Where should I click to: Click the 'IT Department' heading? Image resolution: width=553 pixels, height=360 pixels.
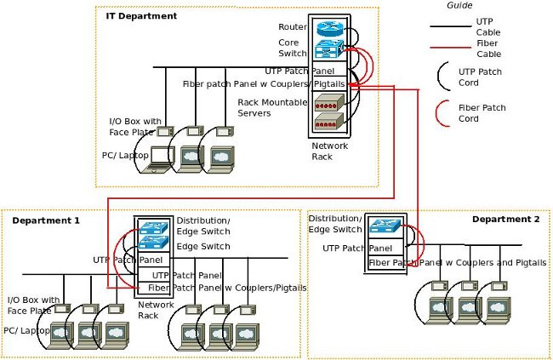click(141, 16)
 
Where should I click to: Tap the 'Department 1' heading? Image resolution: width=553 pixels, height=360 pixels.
click(46, 220)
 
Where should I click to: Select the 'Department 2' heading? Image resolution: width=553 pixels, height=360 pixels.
click(505, 220)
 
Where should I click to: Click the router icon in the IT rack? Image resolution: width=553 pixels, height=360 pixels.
click(328, 27)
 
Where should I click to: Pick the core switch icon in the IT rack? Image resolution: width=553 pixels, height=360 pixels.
click(328, 48)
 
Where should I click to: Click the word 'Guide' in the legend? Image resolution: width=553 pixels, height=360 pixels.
click(459, 5)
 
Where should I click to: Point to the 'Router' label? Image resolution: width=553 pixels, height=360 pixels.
click(292, 27)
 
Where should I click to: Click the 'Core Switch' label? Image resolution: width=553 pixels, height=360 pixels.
click(292, 47)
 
